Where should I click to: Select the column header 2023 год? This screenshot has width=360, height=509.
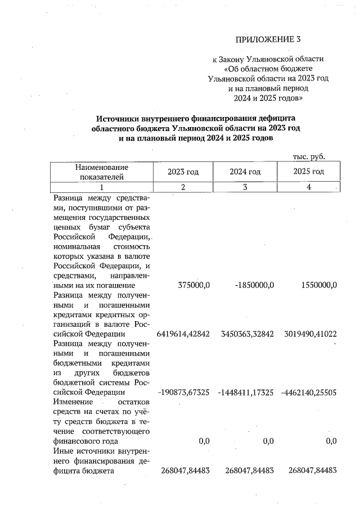pos(183,172)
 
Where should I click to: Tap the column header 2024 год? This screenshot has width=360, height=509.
pos(245,172)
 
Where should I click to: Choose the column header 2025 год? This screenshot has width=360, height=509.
pos(309,172)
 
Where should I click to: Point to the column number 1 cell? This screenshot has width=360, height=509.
pos(102,187)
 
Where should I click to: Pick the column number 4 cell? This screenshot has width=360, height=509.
pos(309,187)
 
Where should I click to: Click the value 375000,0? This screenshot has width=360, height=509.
pos(192,285)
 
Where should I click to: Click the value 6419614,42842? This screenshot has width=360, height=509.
pos(183,334)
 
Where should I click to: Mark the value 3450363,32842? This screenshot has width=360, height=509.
pos(246,334)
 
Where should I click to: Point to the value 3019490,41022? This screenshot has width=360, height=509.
pos(309,334)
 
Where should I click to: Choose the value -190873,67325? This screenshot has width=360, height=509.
pos(183,393)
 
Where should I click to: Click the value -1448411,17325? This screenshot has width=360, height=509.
pos(245,393)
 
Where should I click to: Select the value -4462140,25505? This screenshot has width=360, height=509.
pos(308,393)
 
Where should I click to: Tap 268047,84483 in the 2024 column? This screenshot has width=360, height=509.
pos(246,471)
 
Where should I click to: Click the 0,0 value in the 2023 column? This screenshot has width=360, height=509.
pos(204,442)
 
